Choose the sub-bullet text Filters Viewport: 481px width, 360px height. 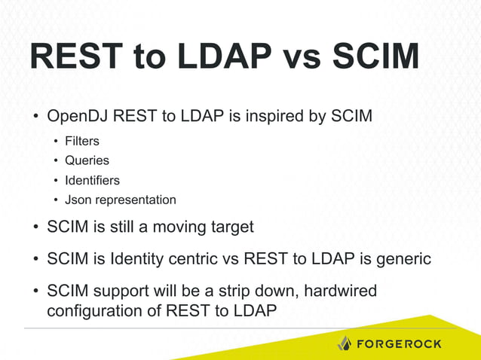tap(82, 142)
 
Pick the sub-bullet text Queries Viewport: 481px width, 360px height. tap(87, 161)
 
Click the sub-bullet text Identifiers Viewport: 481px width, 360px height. tap(92, 181)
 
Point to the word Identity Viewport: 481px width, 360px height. tap(138, 259)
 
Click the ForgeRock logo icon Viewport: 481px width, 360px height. tap(344, 343)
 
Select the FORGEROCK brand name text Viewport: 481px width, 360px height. tap(399, 343)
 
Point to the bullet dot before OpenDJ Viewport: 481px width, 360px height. tap(35, 118)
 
